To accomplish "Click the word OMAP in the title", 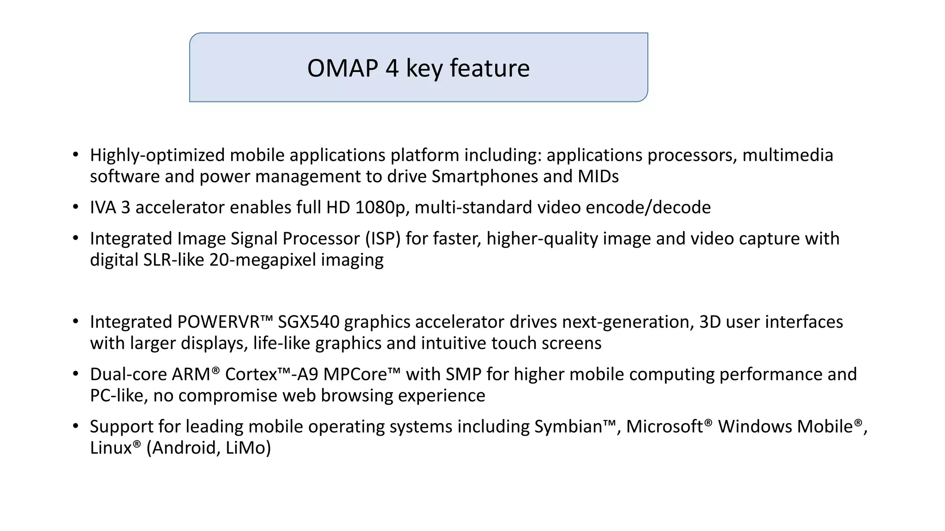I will [342, 68].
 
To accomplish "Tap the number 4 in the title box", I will [392, 68].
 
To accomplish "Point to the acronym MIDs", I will [598, 177].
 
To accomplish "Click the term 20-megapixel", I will [263, 260].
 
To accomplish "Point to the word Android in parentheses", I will [184, 448].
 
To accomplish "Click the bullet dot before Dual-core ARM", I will [76, 374].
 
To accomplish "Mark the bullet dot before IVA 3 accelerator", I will [76, 207].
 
